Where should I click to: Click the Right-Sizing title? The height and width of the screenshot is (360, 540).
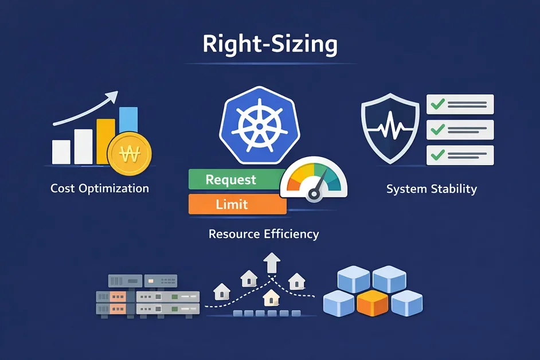[x=270, y=44]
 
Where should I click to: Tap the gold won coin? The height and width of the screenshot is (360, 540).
[x=129, y=153]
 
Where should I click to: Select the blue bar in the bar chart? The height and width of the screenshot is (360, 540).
[x=128, y=120]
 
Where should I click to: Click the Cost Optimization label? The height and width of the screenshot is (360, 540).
[x=100, y=188]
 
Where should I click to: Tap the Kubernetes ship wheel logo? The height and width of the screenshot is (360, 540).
[x=260, y=126]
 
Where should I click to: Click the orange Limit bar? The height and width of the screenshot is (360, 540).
[x=238, y=204]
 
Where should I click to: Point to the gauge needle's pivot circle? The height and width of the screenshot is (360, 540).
[x=314, y=194]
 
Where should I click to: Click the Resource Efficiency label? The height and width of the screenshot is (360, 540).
[x=264, y=234]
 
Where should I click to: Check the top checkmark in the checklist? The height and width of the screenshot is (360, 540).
[x=437, y=104]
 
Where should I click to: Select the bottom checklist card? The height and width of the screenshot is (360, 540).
[x=460, y=155]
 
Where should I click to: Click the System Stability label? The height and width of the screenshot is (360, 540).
[x=432, y=189]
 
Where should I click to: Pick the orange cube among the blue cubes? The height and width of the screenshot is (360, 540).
[x=372, y=303]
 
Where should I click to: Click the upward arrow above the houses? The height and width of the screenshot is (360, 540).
[x=272, y=263]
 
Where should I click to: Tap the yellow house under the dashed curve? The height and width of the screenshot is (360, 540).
[x=271, y=298]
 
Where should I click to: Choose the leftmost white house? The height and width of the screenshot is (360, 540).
[x=222, y=291]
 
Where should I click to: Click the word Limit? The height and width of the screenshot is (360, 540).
[x=232, y=204]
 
